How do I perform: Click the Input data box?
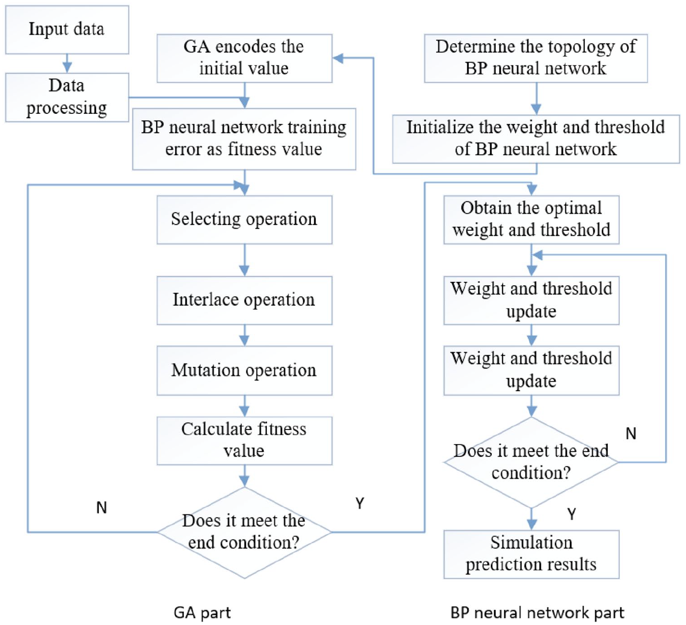click(x=67, y=29)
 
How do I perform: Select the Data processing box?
click(x=67, y=97)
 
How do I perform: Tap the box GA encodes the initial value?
click(x=244, y=58)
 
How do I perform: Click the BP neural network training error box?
click(x=244, y=139)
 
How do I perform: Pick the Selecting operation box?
click(x=244, y=220)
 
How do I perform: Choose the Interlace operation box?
click(x=244, y=300)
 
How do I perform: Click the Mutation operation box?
click(x=244, y=370)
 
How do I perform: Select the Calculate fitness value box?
click(x=244, y=440)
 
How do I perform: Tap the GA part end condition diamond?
click(x=244, y=532)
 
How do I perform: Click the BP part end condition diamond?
click(x=531, y=462)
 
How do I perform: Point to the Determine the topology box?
click(x=536, y=58)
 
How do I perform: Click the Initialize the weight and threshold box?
click(x=536, y=139)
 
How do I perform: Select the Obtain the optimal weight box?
click(x=531, y=220)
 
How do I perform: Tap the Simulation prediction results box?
click(x=531, y=554)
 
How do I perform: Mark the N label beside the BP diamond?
click(x=631, y=434)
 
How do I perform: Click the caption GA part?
click(x=202, y=613)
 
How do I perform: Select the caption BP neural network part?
click(x=537, y=613)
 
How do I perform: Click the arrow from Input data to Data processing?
click(x=67, y=63)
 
